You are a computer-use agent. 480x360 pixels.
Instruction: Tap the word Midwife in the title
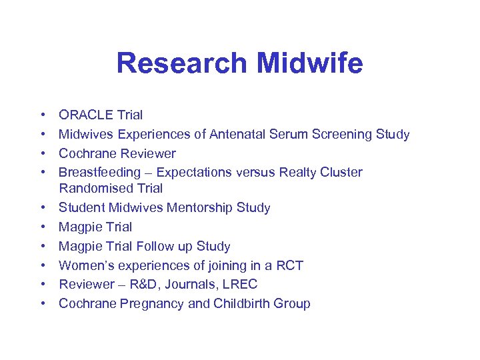coord(309,63)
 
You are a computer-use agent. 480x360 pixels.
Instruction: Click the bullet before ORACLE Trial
coord(42,115)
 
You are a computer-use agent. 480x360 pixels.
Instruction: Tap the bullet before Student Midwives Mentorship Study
coord(42,208)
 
